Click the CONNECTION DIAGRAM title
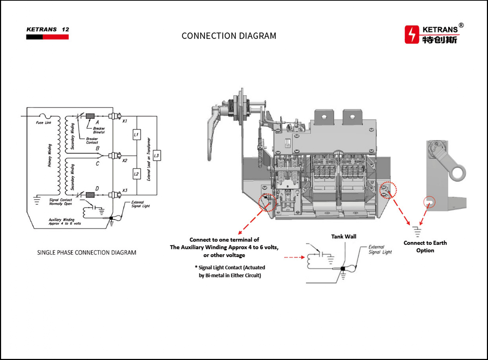click(x=229, y=36)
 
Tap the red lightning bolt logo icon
click(x=412, y=34)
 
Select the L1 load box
click(x=136, y=135)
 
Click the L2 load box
click(x=136, y=174)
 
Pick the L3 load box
click(x=156, y=155)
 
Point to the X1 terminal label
click(x=125, y=121)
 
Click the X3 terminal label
click(x=125, y=190)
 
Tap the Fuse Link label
click(x=43, y=123)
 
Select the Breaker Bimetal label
click(x=99, y=130)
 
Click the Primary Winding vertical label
click(x=50, y=155)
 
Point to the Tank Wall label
click(x=343, y=237)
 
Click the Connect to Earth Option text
click(x=425, y=247)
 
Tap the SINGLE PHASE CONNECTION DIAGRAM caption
click(x=86, y=253)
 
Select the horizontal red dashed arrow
click(x=294, y=257)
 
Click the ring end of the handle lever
click(x=458, y=174)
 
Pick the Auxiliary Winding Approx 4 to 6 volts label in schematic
click(x=65, y=221)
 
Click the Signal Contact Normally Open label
click(x=60, y=202)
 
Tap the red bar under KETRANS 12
click(x=56, y=37)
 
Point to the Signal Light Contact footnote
click(x=230, y=271)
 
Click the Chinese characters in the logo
click(x=440, y=39)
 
